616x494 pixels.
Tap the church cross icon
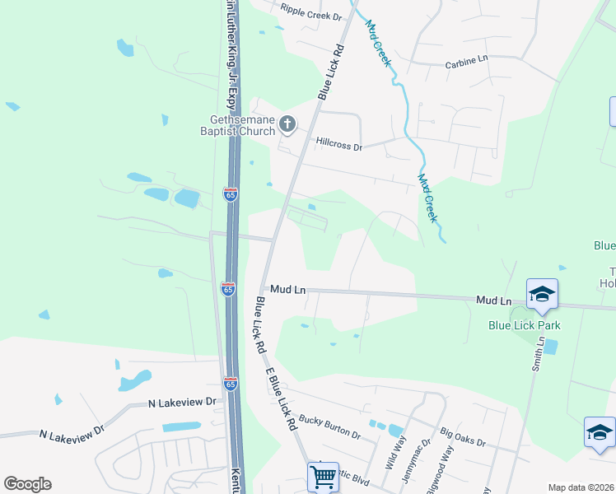tap(287, 124)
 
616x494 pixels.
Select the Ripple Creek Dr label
tap(310, 12)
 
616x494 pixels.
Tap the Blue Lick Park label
tap(525, 325)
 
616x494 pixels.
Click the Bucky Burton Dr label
tap(329, 426)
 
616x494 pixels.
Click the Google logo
tap(27, 484)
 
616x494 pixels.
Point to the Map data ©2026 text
tap(581, 487)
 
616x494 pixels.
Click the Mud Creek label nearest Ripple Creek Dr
tap(378, 44)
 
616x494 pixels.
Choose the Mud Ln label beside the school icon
tap(494, 301)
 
